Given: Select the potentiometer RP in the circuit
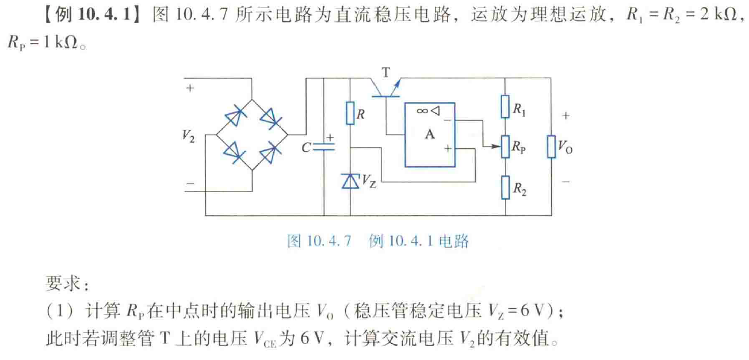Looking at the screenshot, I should (x=505, y=147).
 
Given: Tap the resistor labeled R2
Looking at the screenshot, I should (x=505, y=187).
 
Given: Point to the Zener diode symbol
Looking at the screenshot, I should (x=350, y=181).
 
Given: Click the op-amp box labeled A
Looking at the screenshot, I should (x=429, y=135).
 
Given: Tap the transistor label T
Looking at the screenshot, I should (x=385, y=72).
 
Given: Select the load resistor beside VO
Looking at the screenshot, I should (x=551, y=147).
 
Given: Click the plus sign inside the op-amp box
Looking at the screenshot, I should (x=447, y=148).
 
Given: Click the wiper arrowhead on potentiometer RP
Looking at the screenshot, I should (x=495, y=147).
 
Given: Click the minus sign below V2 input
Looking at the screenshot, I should (x=190, y=185).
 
